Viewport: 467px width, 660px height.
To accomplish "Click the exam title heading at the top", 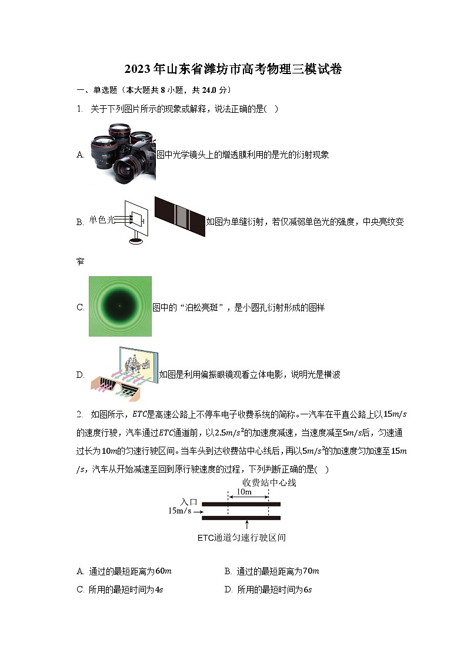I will pos(233,69).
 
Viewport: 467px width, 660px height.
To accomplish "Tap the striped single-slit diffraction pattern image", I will pos(179,216).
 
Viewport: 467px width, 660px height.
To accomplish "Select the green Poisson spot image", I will pos(120,306).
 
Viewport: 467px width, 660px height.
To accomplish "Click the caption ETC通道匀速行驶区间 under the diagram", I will pos(241,538).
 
